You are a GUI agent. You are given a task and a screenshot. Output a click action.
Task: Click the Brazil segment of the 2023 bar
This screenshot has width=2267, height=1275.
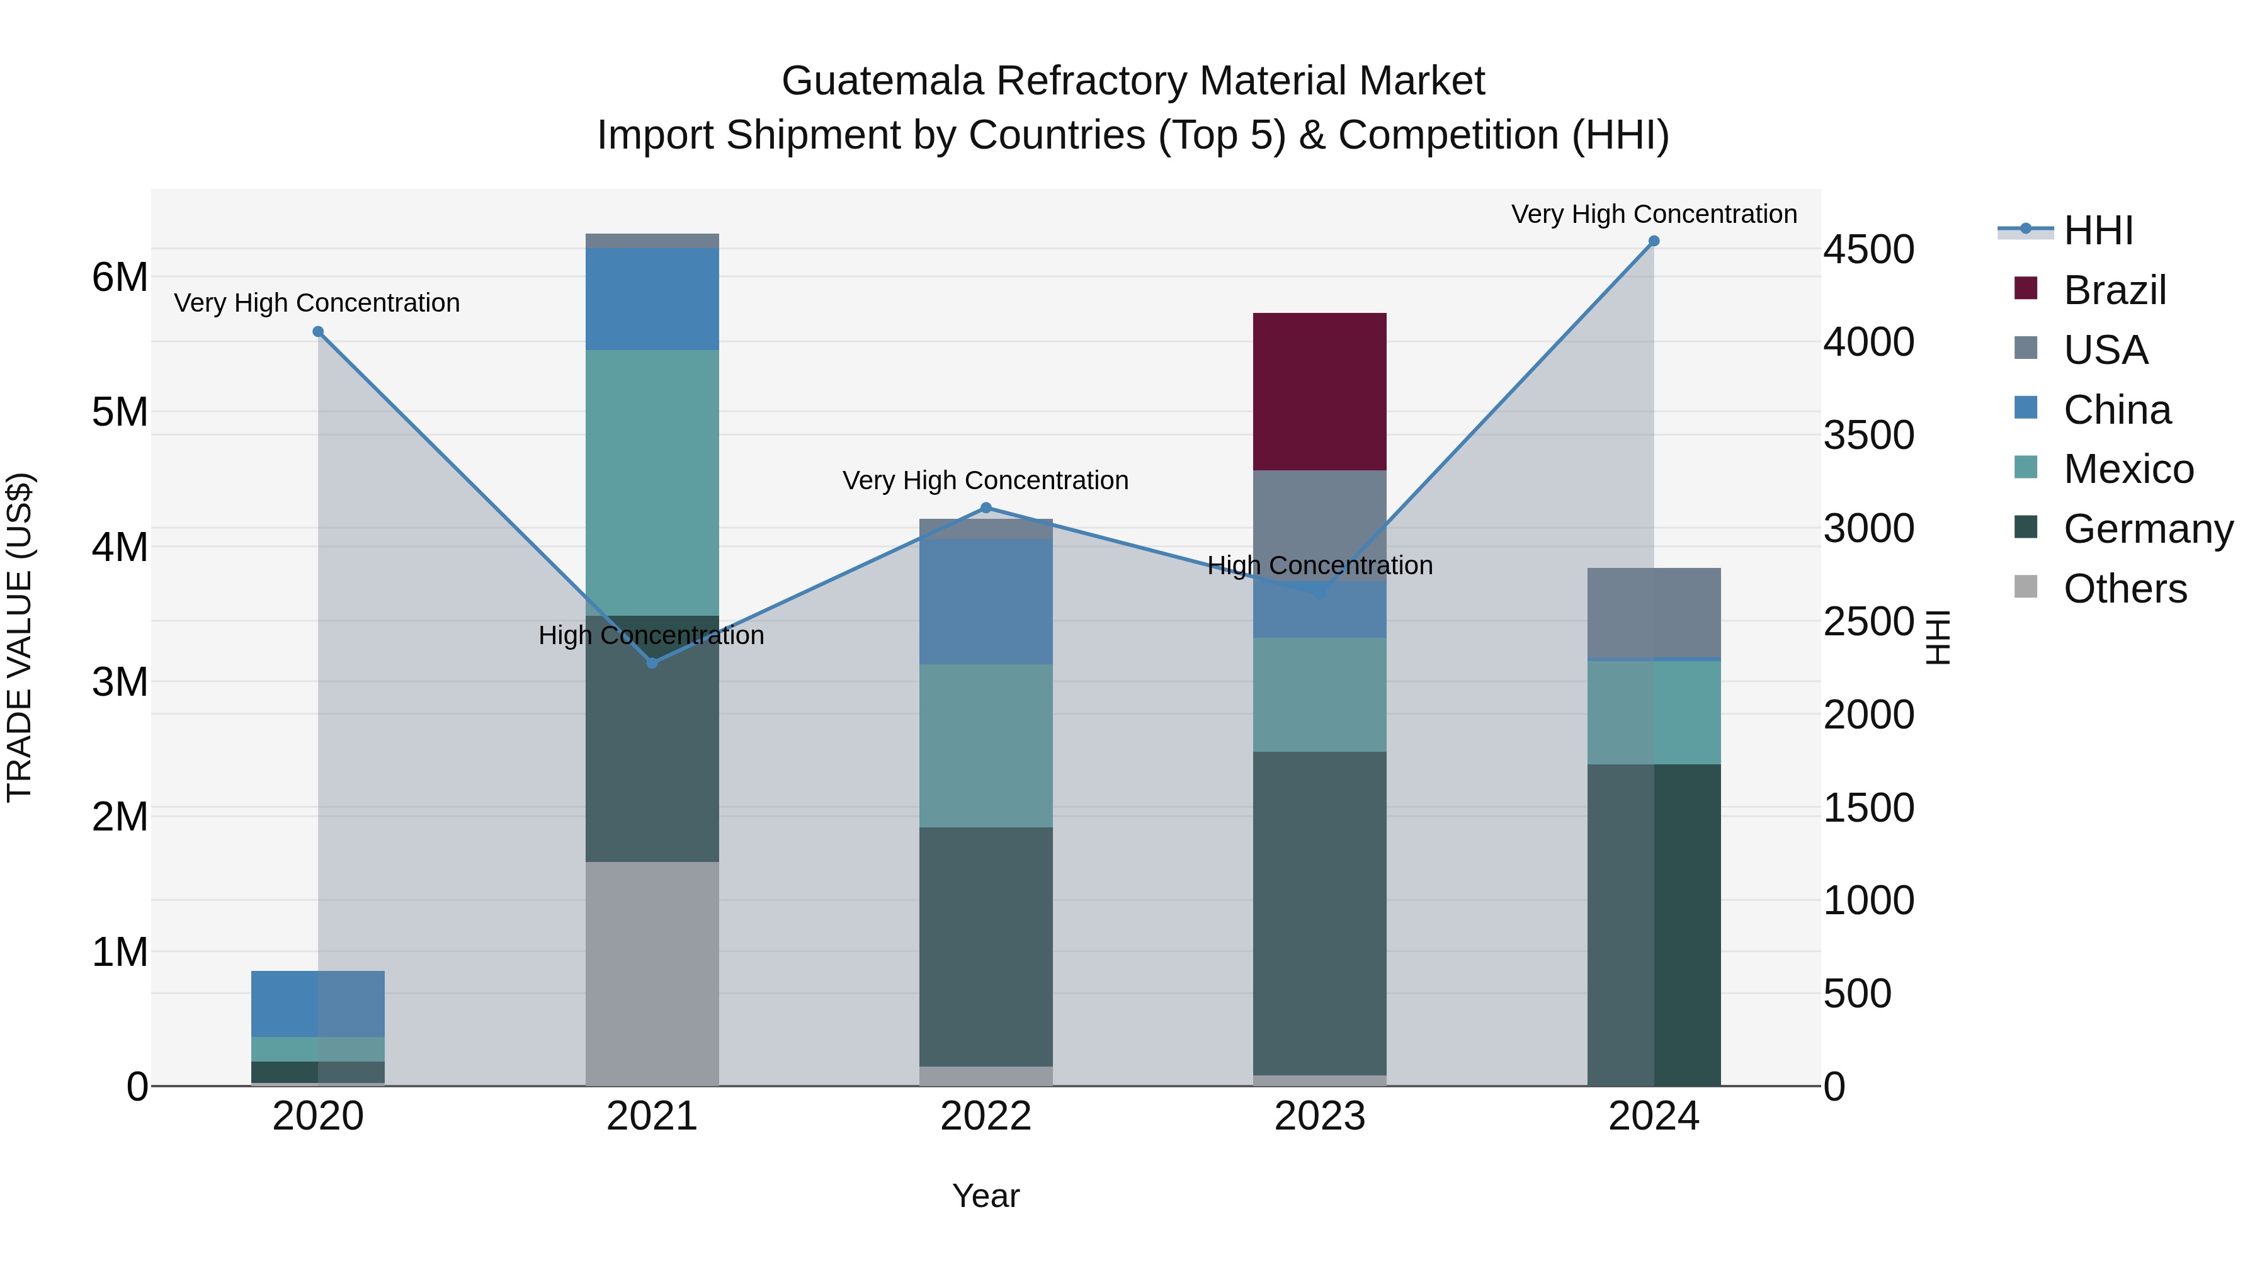(x=1319, y=392)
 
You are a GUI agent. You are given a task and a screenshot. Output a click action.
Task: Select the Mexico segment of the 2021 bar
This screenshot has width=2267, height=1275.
(x=652, y=482)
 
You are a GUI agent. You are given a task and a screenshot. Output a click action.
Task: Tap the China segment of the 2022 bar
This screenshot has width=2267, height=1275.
(x=986, y=601)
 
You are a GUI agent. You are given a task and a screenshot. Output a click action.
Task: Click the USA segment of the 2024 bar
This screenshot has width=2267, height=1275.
(x=1654, y=613)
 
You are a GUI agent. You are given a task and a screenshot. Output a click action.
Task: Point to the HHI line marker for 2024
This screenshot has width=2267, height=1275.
(x=1654, y=241)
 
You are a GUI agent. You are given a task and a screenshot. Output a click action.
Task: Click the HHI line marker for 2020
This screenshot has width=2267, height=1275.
(x=319, y=332)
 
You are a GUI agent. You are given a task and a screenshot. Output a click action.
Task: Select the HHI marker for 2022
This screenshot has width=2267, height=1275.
(x=986, y=507)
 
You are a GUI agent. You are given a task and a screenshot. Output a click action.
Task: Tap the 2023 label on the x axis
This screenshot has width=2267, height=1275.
(x=1319, y=1116)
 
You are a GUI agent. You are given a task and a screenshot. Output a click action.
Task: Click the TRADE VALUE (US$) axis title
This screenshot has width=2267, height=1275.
(x=20, y=637)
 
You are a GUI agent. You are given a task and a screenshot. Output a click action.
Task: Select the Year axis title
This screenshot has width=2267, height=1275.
(x=986, y=1196)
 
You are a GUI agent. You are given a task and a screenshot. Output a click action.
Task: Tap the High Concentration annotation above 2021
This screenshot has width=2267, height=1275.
(x=651, y=635)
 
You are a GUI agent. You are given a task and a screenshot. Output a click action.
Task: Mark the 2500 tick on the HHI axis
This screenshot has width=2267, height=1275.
(x=1868, y=621)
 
